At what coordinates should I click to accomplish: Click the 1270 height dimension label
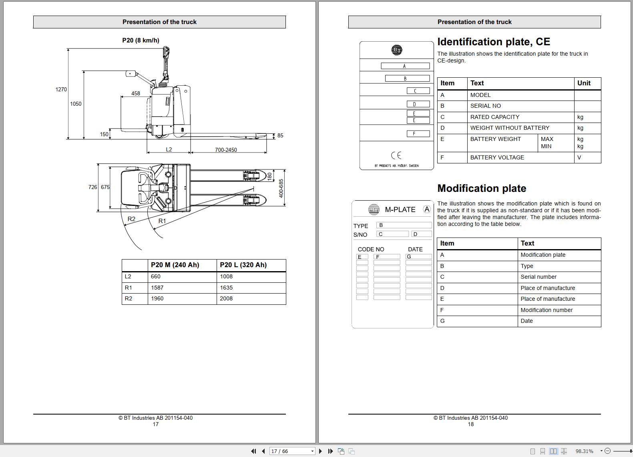click(x=61, y=89)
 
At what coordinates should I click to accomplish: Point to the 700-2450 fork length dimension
click(x=226, y=150)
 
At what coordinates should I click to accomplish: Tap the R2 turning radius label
click(x=131, y=219)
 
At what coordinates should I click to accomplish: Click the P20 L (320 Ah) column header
click(x=243, y=265)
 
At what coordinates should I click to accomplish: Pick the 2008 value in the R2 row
click(x=226, y=298)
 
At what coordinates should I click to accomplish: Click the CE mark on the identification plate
click(x=396, y=155)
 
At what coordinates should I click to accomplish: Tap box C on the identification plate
click(x=418, y=91)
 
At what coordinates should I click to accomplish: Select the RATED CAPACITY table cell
click(x=494, y=117)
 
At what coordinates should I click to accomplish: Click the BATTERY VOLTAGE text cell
click(x=497, y=157)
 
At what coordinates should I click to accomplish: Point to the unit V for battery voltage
click(x=579, y=157)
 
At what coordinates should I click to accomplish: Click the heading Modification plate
click(x=482, y=188)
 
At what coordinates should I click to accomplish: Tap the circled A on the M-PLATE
click(x=427, y=209)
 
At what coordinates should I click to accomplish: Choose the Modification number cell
click(x=547, y=310)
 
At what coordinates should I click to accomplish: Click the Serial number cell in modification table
click(x=539, y=277)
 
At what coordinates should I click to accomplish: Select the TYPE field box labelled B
click(x=404, y=225)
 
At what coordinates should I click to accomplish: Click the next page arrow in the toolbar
click(x=320, y=451)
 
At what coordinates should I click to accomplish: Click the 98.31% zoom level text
click(x=584, y=451)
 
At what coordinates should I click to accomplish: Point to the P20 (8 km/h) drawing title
click(x=141, y=40)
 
